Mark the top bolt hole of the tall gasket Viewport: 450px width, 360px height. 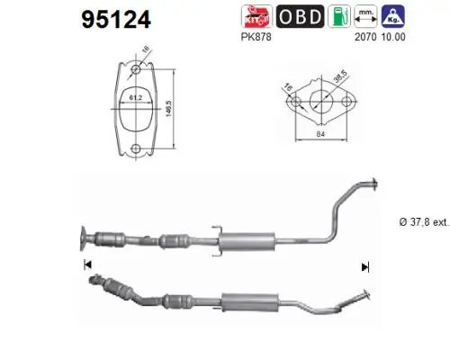point(135,67)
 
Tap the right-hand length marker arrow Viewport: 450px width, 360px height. point(364,266)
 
